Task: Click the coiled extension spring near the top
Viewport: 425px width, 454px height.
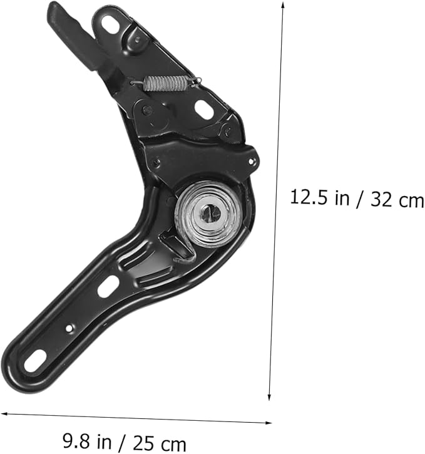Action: (x=165, y=83)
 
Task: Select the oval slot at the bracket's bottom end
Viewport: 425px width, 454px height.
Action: (x=35, y=361)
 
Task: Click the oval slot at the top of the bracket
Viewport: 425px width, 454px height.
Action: (x=111, y=24)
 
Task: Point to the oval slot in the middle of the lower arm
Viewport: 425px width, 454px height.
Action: (x=108, y=286)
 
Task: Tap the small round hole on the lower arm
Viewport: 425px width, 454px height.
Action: (x=69, y=328)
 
